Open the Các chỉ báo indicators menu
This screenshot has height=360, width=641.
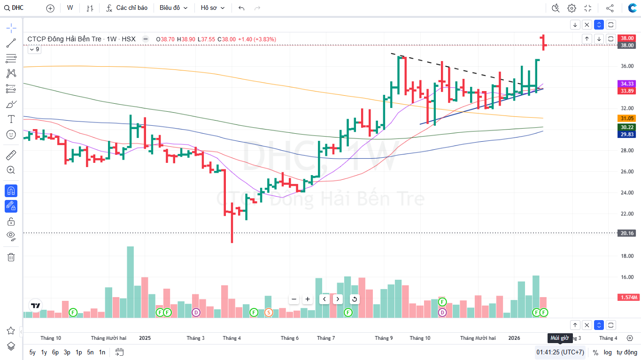pyautogui.click(x=127, y=8)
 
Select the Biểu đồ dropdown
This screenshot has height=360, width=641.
pyautogui.click(x=173, y=8)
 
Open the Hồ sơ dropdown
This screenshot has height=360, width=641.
pyautogui.click(x=213, y=8)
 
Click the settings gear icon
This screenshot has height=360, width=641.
pyautogui.click(x=571, y=8)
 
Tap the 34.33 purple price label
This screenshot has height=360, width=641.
pyautogui.click(x=627, y=84)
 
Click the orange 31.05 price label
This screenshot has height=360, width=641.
pyautogui.click(x=627, y=118)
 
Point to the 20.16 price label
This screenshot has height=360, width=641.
pyautogui.click(x=627, y=233)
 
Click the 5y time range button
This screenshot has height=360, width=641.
pyautogui.click(x=32, y=352)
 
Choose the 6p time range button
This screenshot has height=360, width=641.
pyautogui.click(x=55, y=352)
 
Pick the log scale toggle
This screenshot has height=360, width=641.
pyautogui.click(x=608, y=352)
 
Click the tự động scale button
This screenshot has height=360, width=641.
pyautogui.click(x=626, y=352)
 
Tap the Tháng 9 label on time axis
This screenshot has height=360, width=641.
pyautogui.click(x=384, y=338)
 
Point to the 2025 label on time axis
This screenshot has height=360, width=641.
pyautogui.click(x=145, y=338)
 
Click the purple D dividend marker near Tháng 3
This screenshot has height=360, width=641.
pyautogui.click(x=196, y=312)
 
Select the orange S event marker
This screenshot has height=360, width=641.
pyautogui.click(x=269, y=312)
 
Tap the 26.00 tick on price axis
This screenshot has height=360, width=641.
pyautogui.click(x=627, y=172)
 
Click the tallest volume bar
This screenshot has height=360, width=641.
pyautogui.click(x=130, y=282)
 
